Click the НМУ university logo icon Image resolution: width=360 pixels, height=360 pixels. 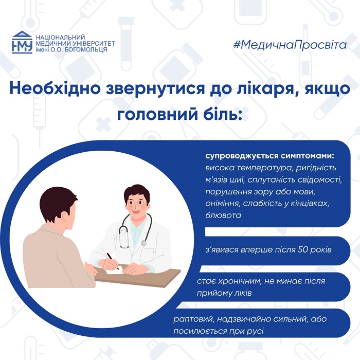click(22, 43)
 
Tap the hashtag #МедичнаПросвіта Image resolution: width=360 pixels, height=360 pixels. click(290, 45)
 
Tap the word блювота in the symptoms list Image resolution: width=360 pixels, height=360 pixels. click(223, 215)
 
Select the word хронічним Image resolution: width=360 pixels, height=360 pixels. click(239, 281)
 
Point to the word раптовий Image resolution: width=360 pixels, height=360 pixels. click(192, 319)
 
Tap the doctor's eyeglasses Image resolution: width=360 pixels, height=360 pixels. click(135, 203)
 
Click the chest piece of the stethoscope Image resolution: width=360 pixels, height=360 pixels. click(143, 243)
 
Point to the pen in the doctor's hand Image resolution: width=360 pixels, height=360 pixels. click(113, 261)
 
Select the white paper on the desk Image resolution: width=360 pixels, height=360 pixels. click(114, 271)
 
